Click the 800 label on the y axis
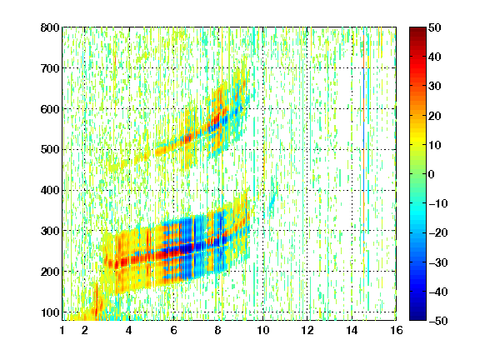tap(50, 27)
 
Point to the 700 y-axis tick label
tap(50, 68)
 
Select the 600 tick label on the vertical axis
tap(50, 109)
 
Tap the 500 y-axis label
tap(50, 150)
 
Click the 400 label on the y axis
tap(50, 190)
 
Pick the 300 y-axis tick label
tap(50, 231)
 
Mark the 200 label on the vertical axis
tap(50, 272)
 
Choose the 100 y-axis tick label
tap(50, 312)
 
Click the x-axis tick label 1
tap(62, 330)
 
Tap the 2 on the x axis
tap(84, 330)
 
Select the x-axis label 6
tap(173, 330)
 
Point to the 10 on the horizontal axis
tap(263, 330)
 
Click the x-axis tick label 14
tap(352, 330)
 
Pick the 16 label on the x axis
tap(397, 330)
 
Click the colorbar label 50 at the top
tap(434, 27)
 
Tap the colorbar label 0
tap(431, 174)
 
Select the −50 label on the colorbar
tap(438, 321)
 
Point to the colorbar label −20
tap(438, 232)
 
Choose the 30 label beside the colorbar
tap(434, 87)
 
